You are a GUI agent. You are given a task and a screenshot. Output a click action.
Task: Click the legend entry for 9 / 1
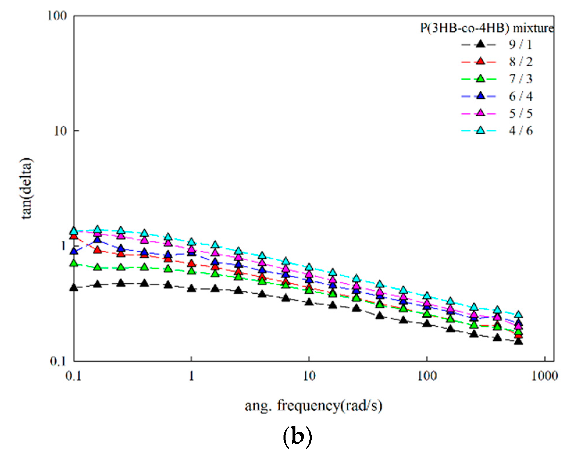[520, 44]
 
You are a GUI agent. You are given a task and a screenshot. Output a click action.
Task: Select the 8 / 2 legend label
[520, 62]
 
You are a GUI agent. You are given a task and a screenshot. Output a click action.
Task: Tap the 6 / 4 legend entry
[520, 96]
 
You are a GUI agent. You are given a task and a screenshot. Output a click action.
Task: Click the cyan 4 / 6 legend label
[520, 131]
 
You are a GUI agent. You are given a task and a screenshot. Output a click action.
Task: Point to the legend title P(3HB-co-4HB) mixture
[486, 28]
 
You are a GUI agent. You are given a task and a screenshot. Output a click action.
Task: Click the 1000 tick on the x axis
[544, 376]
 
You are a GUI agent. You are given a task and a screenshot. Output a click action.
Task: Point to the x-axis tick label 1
[191, 376]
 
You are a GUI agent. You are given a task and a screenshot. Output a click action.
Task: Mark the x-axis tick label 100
[427, 376]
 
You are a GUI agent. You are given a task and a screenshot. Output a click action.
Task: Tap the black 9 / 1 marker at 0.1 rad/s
[74, 288]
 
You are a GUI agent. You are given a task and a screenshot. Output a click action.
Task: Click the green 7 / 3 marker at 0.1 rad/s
[74, 263]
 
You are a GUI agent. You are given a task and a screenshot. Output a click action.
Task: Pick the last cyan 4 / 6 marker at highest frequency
[518, 315]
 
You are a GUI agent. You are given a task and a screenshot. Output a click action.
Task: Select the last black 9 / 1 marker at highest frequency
[518, 341]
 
